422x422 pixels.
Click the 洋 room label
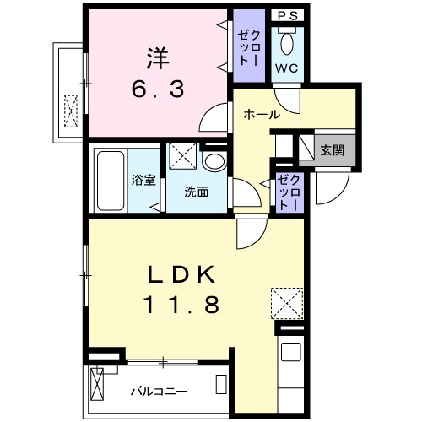[157, 58]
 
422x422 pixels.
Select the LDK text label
[183, 275]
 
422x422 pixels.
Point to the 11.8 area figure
[183, 305]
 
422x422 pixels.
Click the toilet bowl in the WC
[288, 42]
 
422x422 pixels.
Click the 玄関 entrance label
[331, 150]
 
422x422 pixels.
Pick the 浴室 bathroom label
[143, 180]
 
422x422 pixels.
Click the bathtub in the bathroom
[109, 181]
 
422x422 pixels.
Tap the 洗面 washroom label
[197, 191]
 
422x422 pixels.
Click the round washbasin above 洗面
[214, 160]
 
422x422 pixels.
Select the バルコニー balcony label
[159, 392]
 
